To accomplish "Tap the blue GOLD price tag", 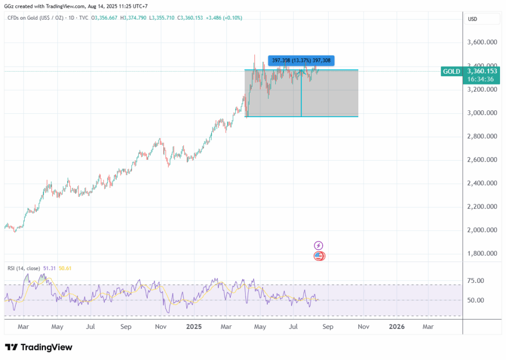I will pos(452,71).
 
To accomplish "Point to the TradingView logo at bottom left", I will pos(39,347).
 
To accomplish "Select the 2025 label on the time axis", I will pos(194,327).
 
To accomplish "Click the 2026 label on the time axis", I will pos(397,327).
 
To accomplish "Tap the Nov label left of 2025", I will pos(160,327).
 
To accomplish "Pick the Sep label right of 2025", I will pos(328,327).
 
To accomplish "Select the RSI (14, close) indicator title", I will pos(24,269).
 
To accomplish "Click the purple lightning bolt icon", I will pos(319,245).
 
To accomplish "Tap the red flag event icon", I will pos(319,256).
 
